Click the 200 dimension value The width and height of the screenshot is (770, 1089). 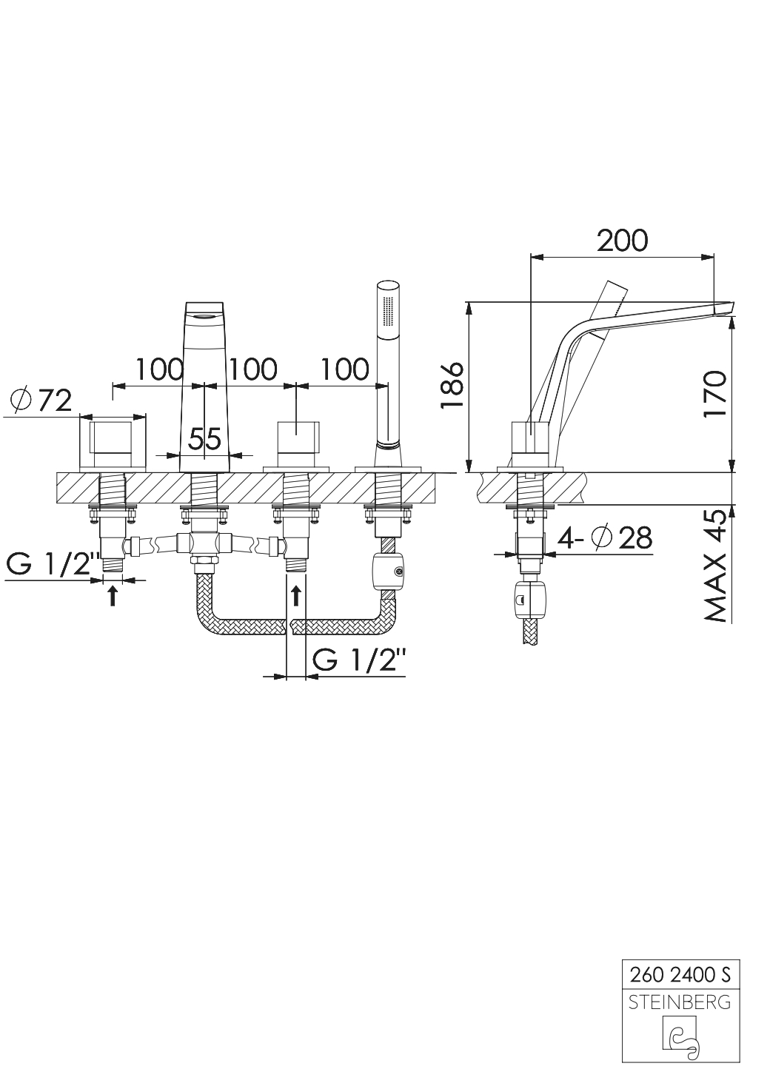(622, 240)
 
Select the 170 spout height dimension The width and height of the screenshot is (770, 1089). (714, 393)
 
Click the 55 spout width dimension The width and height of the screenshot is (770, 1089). (204, 438)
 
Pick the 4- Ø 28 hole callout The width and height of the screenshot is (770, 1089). (605, 538)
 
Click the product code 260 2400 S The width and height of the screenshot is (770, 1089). (680, 975)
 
